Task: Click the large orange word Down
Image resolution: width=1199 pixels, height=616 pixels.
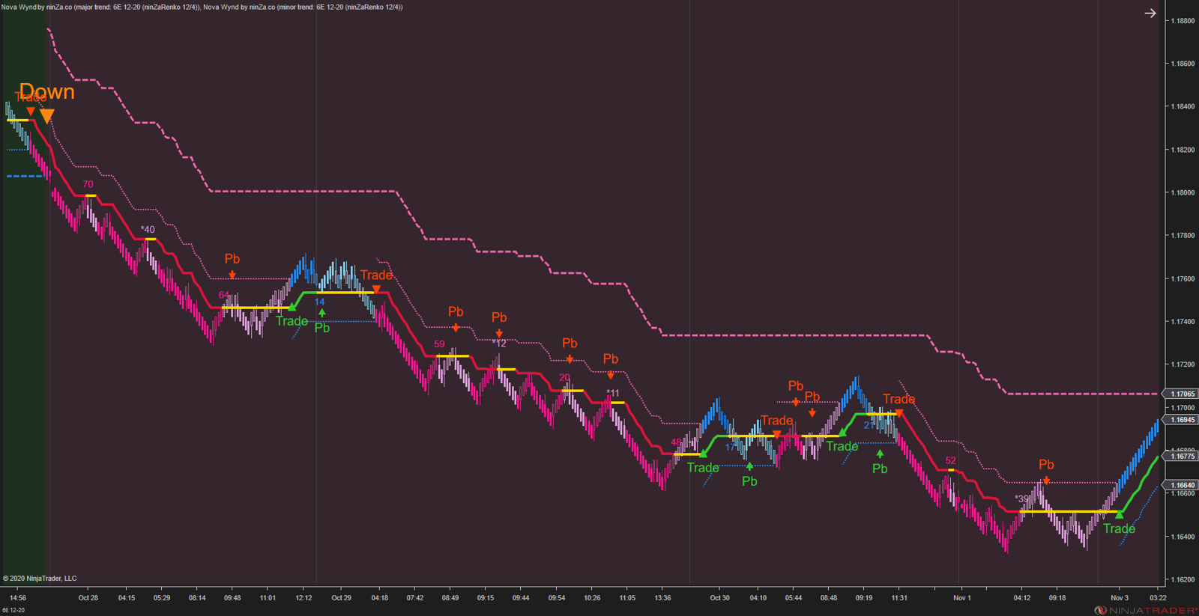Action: (x=46, y=92)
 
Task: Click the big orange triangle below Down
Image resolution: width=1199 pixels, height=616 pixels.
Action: (x=46, y=116)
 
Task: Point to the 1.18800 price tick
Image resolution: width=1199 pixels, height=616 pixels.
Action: (x=1183, y=21)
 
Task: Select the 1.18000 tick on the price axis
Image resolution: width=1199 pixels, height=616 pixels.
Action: (x=1183, y=192)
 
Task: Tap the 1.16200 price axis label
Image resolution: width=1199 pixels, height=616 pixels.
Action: (x=1183, y=579)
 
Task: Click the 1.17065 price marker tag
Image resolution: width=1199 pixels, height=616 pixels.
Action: (x=1183, y=394)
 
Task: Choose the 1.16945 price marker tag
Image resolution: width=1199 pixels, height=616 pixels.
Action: (x=1183, y=420)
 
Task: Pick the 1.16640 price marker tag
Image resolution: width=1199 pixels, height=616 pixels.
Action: (x=1183, y=485)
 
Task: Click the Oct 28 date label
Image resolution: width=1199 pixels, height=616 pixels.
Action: (x=88, y=598)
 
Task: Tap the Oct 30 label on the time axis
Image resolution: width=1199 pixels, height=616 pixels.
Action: (x=719, y=598)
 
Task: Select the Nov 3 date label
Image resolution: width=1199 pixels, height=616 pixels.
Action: (x=1120, y=598)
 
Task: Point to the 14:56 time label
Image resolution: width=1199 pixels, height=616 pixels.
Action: (x=18, y=598)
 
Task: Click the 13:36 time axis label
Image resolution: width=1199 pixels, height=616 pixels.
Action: (x=662, y=598)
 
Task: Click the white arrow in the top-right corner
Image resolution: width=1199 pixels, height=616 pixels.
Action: (x=1150, y=13)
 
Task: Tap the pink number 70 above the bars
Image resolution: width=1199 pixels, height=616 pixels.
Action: (x=88, y=184)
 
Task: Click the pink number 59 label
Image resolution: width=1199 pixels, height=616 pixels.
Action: (x=439, y=344)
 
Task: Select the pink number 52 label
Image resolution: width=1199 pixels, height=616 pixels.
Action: (x=950, y=461)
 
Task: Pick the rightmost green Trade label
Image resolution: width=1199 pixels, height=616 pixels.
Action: (x=1119, y=528)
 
